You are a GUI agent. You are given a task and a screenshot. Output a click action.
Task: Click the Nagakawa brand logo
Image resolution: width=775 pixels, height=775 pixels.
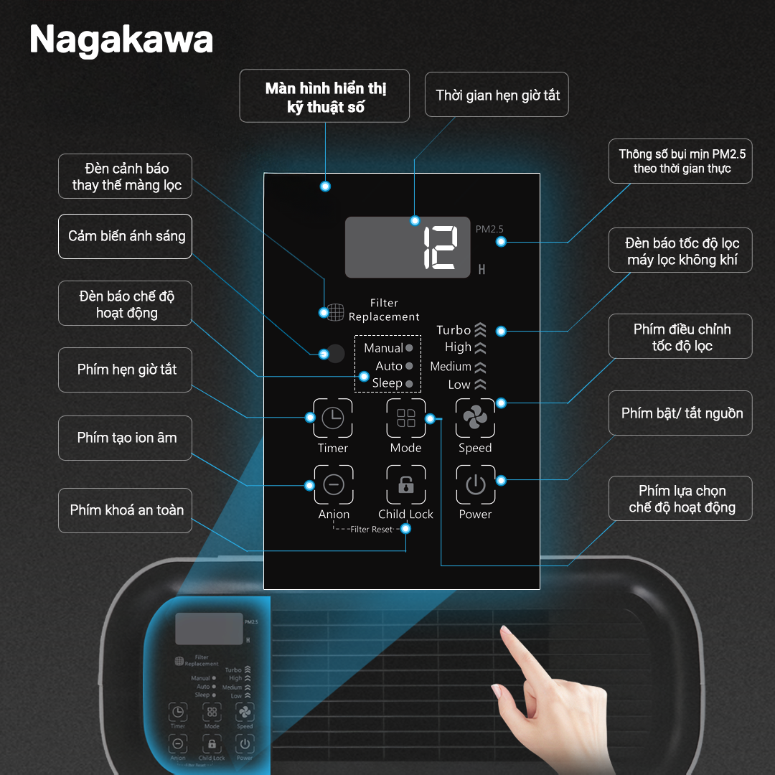pos(121,39)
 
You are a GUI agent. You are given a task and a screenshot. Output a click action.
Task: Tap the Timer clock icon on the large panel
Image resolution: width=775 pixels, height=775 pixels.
pos(333,418)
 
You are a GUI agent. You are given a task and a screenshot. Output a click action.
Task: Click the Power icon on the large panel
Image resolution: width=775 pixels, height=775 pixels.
pos(476,484)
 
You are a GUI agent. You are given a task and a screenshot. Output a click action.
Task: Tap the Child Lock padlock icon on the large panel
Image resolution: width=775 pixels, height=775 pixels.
pos(405,484)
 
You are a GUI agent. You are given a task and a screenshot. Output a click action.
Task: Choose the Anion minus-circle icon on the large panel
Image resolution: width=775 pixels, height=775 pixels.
pos(334,484)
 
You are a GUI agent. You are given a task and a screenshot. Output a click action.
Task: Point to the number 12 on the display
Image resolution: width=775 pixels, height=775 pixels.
pos(441,248)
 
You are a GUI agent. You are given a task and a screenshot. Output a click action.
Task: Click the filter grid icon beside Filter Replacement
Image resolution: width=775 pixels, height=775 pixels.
pos(336,312)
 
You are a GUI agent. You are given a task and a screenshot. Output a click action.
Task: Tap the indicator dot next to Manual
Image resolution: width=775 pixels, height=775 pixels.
pos(409,348)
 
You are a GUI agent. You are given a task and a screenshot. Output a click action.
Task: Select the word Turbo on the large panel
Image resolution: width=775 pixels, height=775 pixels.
pos(454,330)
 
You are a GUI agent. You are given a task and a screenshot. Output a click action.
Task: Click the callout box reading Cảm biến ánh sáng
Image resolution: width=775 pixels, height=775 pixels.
pos(125,236)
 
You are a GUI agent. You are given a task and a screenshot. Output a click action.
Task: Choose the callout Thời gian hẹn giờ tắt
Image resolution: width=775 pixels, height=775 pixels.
pos(497,95)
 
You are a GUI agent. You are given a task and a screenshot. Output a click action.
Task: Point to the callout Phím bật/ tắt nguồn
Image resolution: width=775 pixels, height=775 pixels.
pos(680,413)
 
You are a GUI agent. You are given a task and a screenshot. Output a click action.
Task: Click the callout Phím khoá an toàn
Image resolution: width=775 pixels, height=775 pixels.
pos(125,511)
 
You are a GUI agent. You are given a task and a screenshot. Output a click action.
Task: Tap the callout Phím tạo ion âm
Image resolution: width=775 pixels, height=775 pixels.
pos(125,438)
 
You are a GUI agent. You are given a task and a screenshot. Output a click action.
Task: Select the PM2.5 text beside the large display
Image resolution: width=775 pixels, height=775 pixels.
pos(489,229)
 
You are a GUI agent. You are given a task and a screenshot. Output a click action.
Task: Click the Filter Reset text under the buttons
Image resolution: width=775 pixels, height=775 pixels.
pos(371,530)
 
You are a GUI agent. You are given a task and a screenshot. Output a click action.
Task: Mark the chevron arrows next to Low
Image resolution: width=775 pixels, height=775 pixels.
pos(480,384)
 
